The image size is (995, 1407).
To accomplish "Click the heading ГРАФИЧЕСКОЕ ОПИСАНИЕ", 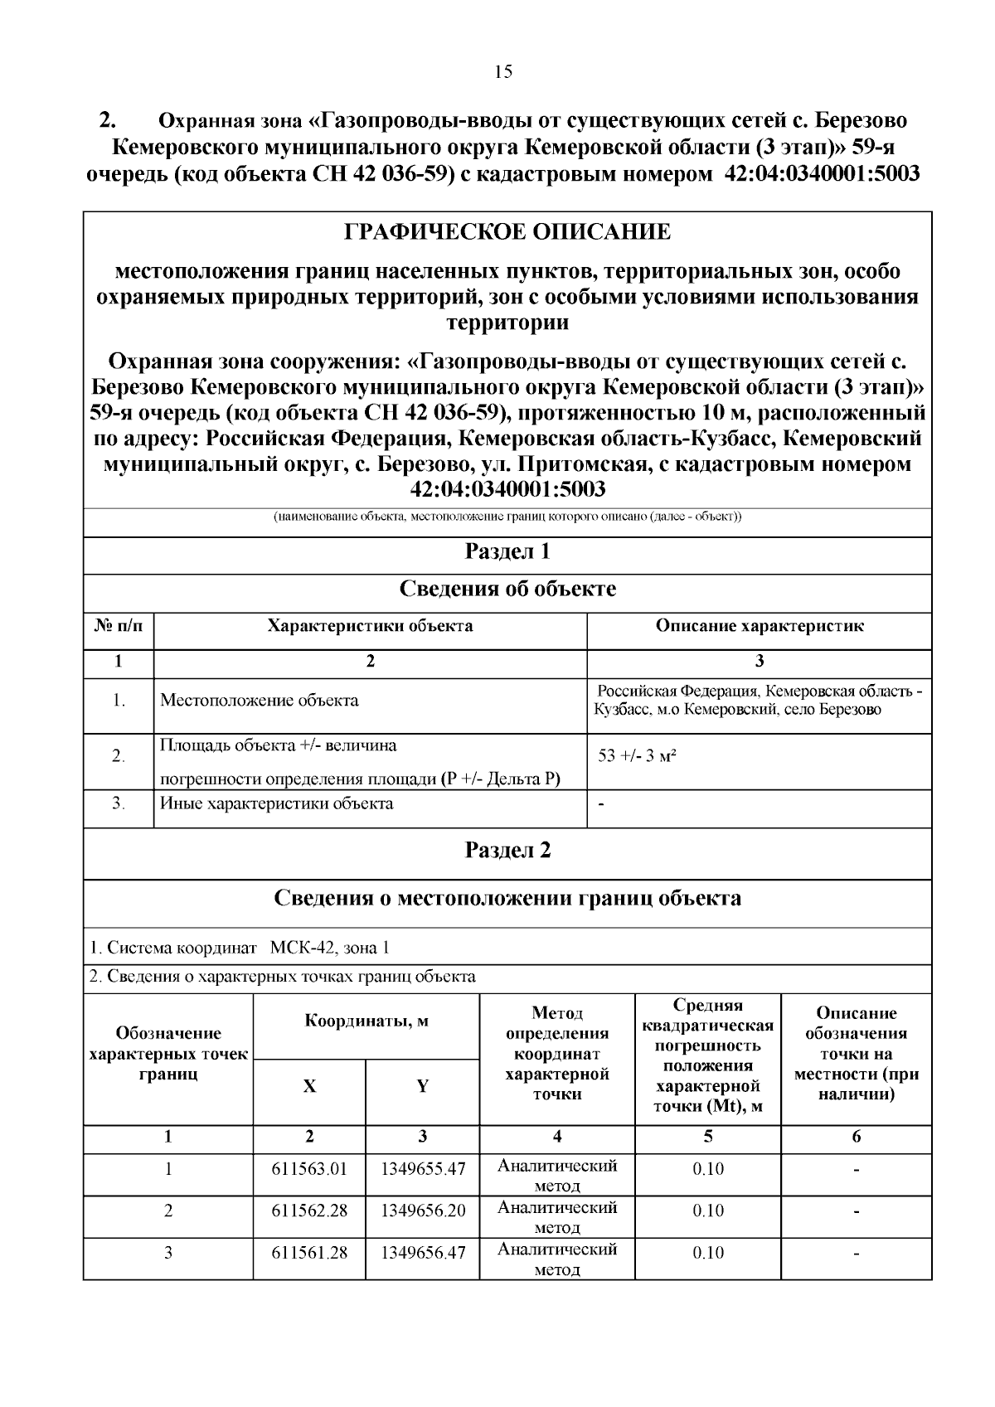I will (x=507, y=232).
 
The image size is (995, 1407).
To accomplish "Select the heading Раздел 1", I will (x=507, y=552).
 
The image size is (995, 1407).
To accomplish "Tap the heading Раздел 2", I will (x=507, y=851).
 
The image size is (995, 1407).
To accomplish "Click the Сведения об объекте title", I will (x=507, y=589).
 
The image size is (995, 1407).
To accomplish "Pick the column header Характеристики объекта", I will (x=370, y=626).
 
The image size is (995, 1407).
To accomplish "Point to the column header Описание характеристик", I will (x=760, y=626).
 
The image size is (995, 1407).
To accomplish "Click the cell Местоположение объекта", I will (x=260, y=701).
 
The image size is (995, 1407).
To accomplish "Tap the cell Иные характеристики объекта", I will (x=276, y=803).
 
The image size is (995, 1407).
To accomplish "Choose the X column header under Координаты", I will (x=309, y=1086).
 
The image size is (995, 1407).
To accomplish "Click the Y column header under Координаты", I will (x=423, y=1086).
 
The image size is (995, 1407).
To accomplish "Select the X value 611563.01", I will (x=309, y=1170).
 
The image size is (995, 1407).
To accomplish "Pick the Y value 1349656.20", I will (x=423, y=1211).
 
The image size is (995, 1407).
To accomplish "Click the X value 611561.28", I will (x=309, y=1253).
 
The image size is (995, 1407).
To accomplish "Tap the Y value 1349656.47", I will (x=423, y=1253).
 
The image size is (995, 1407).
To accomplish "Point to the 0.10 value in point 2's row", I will (x=708, y=1211).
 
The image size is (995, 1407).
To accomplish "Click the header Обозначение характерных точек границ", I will (x=168, y=1054).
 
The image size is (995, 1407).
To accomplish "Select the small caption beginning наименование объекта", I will (x=507, y=517).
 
